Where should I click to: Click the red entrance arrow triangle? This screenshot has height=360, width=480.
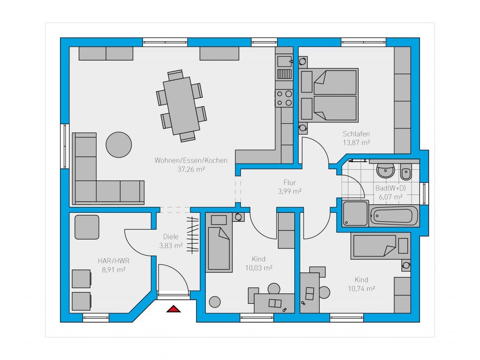coord(173,309)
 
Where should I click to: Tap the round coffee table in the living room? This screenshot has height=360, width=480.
coord(119,145)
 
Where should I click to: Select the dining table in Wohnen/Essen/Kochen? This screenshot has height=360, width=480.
coord(181,105)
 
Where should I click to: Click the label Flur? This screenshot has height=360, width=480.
coord(290,183)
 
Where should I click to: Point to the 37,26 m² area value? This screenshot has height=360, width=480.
coord(191,169)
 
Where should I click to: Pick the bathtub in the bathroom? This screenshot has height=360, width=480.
coord(394,216)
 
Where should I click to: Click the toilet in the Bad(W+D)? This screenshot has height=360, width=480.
coord(406,172)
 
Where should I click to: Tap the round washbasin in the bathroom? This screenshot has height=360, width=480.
coord(385,171)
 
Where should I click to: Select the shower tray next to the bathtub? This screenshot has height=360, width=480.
coord(355,213)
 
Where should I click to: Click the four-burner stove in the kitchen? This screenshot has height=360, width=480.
coord(284,98)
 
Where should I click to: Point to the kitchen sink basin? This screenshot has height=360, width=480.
coord(285,61)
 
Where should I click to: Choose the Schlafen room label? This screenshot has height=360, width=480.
coord(356,134)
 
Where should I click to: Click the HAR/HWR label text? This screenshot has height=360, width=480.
coord(113,261)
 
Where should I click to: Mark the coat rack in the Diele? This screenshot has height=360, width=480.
coord(193,235)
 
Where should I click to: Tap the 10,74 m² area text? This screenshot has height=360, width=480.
coord(361,288)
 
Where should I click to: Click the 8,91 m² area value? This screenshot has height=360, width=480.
coord(113,270)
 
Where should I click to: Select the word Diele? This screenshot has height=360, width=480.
coord(171,237)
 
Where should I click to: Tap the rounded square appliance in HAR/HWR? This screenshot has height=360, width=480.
coord(87,227)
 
